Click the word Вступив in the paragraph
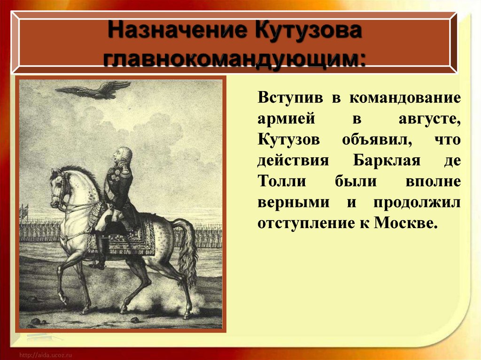290,98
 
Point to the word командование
405,98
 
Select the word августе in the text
429,119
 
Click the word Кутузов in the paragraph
289,139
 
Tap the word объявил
377,139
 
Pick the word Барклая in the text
387,160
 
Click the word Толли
282,181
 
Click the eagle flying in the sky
93,90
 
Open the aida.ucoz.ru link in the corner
46,355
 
